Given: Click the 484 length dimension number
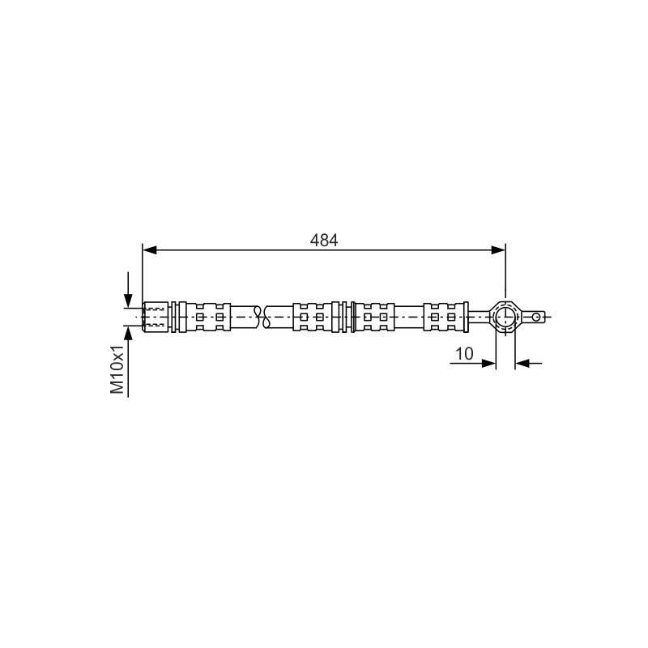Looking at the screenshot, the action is click(x=323, y=240).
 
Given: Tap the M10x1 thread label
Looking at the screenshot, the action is click(x=117, y=369).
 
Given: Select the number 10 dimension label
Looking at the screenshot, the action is click(x=464, y=353).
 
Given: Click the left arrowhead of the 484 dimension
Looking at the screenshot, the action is click(x=150, y=249).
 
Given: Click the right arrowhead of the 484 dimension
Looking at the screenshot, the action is click(x=498, y=249).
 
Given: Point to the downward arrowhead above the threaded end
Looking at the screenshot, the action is click(x=128, y=301).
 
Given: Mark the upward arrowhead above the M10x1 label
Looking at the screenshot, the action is click(x=128, y=333).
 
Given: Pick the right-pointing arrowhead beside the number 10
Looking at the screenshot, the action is click(x=488, y=363).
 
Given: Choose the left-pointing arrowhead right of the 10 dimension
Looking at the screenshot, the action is click(x=522, y=363).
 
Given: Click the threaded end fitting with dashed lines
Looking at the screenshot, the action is click(x=156, y=317).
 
